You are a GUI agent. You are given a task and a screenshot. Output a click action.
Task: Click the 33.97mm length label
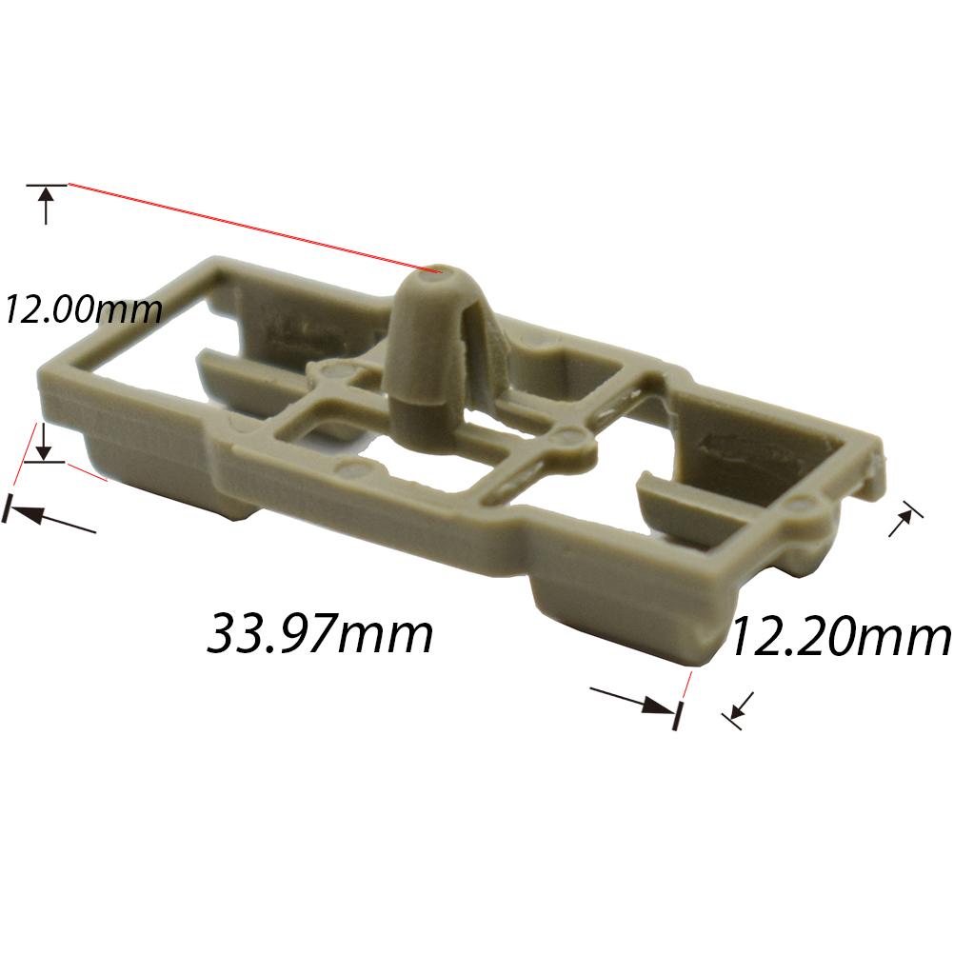[x=321, y=634]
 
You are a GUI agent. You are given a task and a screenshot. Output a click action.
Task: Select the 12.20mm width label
[x=840, y=636]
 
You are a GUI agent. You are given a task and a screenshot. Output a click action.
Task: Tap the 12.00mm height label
[x=82, y=308]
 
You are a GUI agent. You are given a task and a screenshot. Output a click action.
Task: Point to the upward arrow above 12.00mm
[x=47, y=204]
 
